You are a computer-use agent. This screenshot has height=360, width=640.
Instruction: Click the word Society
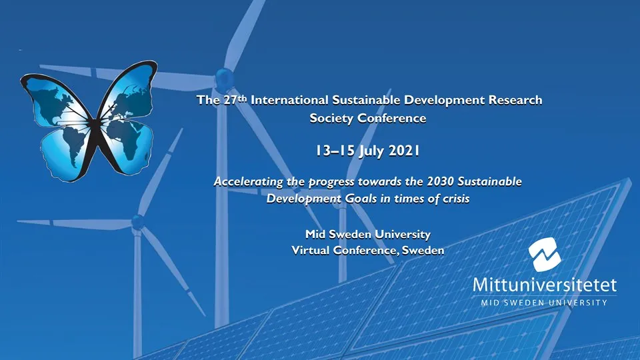pyautogui.click(x=338, y=119)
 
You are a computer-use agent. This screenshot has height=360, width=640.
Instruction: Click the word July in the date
pyautogui.click(x=371, y=152)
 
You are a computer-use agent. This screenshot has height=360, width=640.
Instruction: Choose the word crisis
pyautogui.click(x=445, y=199)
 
